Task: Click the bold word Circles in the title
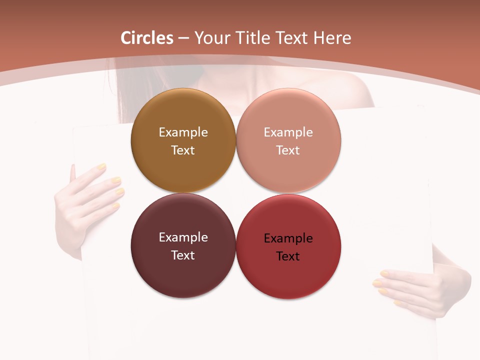pyautogui.click(x=147, y=38)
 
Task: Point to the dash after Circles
pyautogui.click(x=183, y=38)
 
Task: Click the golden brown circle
pyautogui.click(x=183, y=110)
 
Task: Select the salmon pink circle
pyautogui.click(x=288, y=110)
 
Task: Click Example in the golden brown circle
pyautogui.click(x=183, y=132)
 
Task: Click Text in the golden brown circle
pyautogui.click(x=183, y=150)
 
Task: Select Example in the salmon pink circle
pyautogui.click(x=288, y=132)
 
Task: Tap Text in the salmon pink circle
pyautogui.click(x=288, y=150)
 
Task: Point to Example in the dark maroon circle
pyautogui.click(x=183, y=237)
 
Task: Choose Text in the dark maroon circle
pyautogui.click(x=183, y=255)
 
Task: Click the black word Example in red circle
pyautogui.click(x=288, y=238)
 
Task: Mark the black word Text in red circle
pyautogui.click(x=288, y=256)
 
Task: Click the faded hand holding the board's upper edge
pyautogui.click(x=90, y=195)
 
